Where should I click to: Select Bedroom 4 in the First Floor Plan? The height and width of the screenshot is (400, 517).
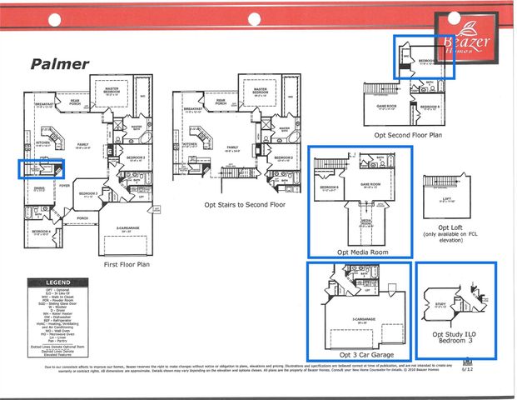pos(42,232)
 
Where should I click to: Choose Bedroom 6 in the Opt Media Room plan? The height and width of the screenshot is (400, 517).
pos(329,187)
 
